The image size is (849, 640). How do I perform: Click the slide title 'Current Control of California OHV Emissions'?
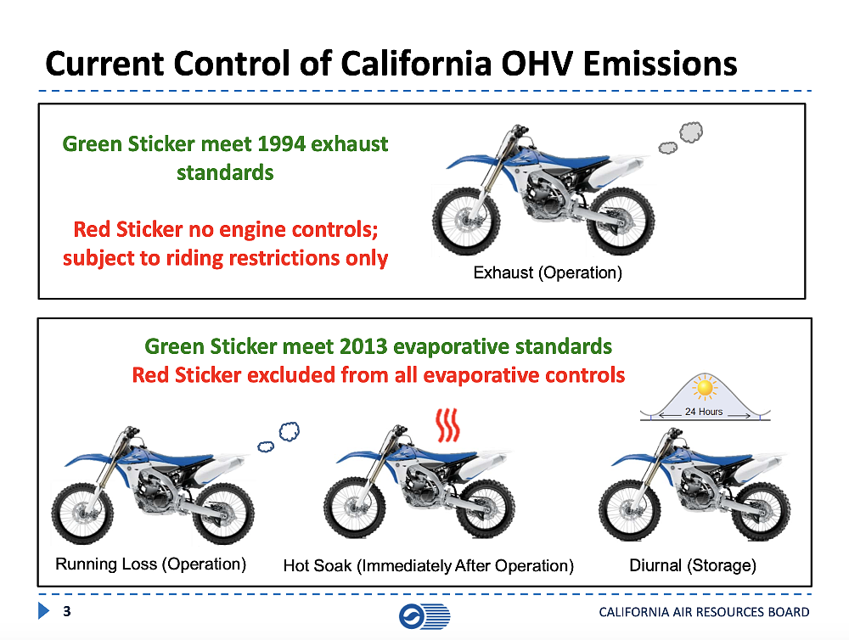click(x=391, y=64)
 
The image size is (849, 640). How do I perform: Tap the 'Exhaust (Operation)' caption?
click(x=548, y=273)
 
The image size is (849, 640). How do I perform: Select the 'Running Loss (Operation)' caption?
click(x=150, y=564)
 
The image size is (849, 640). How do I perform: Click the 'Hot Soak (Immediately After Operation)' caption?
click(x=428, y=565)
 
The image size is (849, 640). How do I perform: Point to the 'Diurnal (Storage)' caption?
click(x=693, y=565)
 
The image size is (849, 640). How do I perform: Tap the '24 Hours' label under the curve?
click(x=704, y=412)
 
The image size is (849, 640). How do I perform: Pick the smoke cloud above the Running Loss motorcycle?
click(x=281, y=436)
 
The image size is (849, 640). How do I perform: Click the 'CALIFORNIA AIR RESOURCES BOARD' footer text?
click(x=704, y=612)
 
